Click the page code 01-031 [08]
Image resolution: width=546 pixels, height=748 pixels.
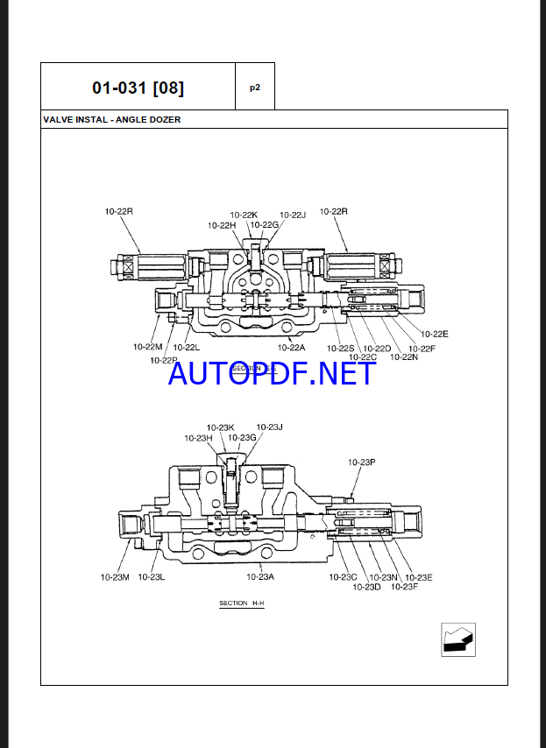pos(138,88)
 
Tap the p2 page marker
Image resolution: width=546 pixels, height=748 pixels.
pos(255,87)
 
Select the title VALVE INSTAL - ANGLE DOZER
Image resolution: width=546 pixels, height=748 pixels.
pos(111,119)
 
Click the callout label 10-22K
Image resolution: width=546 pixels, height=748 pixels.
pos(244,215)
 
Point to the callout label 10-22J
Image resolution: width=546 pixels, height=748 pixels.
pos(293,215)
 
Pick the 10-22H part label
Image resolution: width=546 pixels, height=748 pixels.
pos(222,225)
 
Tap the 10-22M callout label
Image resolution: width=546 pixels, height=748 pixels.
pos(148,347)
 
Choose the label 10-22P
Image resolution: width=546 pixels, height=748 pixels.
pos(164,360)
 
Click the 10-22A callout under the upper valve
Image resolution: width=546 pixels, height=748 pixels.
pos(291,347)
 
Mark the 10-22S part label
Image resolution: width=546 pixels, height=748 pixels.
pos(341,348)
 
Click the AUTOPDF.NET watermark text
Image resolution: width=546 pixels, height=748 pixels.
pos(272,374)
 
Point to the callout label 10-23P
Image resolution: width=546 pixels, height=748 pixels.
pos(362,462)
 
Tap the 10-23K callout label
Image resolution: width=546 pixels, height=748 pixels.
pos(220,427)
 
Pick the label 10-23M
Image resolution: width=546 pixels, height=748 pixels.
pos(115,576)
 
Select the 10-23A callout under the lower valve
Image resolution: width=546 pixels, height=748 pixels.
pos(260,576)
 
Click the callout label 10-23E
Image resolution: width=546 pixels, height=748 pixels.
pos(419,576)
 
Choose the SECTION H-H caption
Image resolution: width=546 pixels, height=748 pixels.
pos(242,603)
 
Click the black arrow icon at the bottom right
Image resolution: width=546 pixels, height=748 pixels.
pos(457,640)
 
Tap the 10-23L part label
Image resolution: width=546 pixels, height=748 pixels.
pos(152,576)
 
